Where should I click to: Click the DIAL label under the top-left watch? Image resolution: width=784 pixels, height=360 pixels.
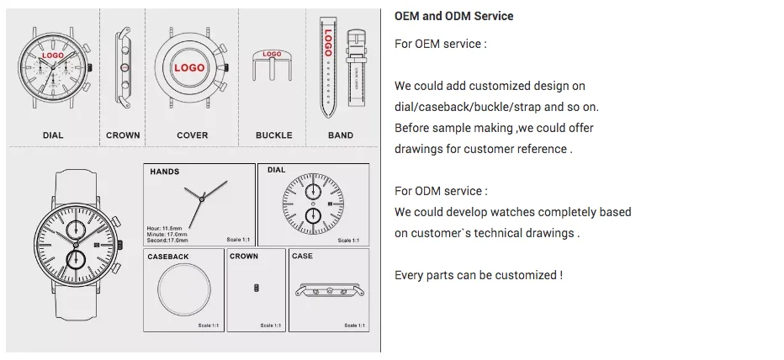click(53, 135)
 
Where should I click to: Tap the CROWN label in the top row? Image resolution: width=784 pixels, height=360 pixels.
click(123, 135)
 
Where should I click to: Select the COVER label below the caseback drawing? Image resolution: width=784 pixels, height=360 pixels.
click(193, 135)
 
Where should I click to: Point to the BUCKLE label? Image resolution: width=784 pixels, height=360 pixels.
click(274, 135)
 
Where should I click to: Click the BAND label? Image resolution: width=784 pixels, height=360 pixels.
click(341, 135)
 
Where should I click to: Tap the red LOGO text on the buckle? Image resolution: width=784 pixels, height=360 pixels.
click(272, 55)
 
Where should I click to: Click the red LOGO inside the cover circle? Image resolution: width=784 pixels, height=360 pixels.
click(192, 67)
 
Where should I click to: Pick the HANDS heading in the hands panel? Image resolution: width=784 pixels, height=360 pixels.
click(164, 172)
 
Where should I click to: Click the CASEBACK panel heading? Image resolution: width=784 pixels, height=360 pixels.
click(168, 256)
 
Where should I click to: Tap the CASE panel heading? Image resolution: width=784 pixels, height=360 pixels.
click(302, 256)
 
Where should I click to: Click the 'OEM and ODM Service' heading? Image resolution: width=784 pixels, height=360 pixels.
click(453, 16)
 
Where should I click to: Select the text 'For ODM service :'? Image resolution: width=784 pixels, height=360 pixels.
click(441, 191)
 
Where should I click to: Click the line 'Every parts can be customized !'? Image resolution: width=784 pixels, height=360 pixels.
click(479, 275)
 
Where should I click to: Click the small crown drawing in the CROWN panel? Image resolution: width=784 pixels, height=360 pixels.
click(257, 289)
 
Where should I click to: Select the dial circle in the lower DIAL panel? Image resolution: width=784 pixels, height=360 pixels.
click(312, 205)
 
